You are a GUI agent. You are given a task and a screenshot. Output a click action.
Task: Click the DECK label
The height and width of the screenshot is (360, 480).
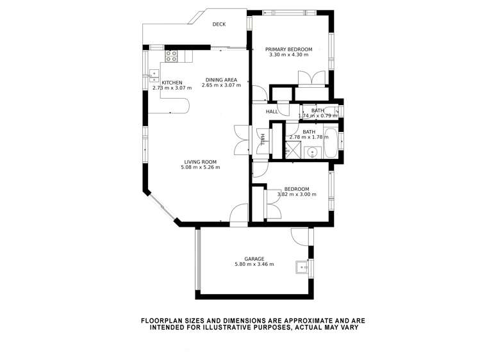pyautogui.click(x=219, y=24)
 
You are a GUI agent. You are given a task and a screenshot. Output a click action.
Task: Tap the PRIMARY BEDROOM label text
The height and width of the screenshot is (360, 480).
pyautogui.click(x=289, y=49)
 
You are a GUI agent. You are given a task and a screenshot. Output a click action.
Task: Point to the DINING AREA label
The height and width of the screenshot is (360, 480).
pyautogui.click(x=219, y=80)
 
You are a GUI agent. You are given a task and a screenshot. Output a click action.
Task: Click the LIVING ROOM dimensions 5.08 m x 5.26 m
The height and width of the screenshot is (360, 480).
pyautogui.click(x=200, y=168)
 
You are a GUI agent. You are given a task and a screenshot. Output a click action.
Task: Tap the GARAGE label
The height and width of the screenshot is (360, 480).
pyautogui.click(x=254, y=259)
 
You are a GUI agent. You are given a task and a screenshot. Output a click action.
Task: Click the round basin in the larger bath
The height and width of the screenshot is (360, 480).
pyautogui.click(x=312, y=152)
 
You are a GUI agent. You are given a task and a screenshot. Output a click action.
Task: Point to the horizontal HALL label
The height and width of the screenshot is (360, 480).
pyautogui.click(x=272, y=111)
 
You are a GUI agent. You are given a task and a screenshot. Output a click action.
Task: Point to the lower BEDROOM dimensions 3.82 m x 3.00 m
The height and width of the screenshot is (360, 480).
pyautogui.click(x=297, y=194)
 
